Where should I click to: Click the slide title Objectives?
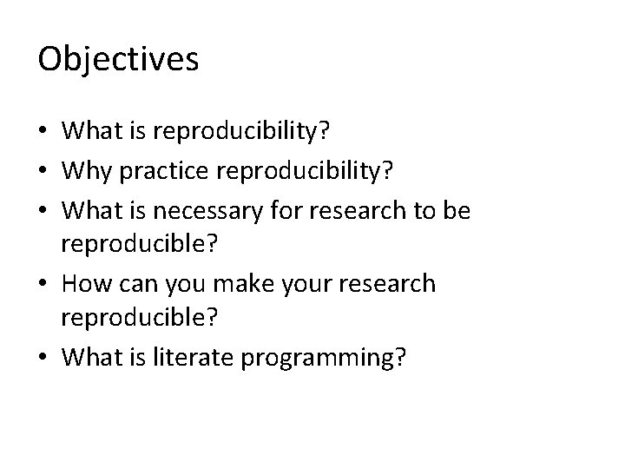click(x=119, y=60)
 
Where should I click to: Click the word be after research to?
click(x=457, y=209)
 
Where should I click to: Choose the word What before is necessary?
click(x=93, y=209)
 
